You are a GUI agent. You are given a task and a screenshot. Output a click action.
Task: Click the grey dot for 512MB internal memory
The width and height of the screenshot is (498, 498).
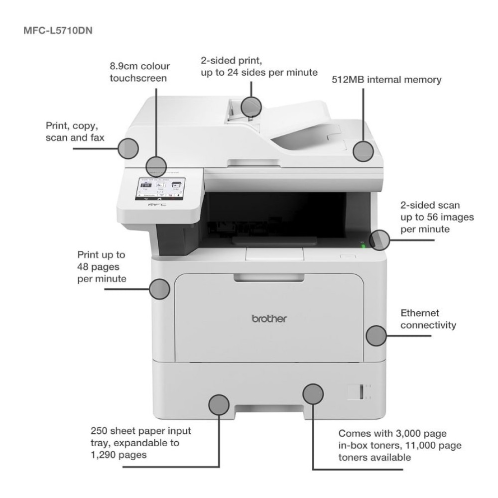(x=364, y=151)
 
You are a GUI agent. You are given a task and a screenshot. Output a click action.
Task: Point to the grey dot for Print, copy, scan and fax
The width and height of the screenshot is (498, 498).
(x=128, y=148)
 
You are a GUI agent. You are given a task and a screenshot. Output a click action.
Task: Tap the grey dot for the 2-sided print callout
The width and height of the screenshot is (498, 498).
(x=251, y=106)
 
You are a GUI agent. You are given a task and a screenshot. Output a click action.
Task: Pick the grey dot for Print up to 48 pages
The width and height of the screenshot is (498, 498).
(x=160, y=289)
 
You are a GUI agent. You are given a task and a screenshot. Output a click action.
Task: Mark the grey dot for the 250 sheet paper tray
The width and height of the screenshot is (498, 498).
(x=218, y=405)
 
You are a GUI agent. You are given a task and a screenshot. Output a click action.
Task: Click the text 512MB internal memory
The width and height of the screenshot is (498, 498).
(x=386, y=80)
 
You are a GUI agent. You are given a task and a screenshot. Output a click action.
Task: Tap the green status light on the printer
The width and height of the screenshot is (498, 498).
(x=363, y=245)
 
